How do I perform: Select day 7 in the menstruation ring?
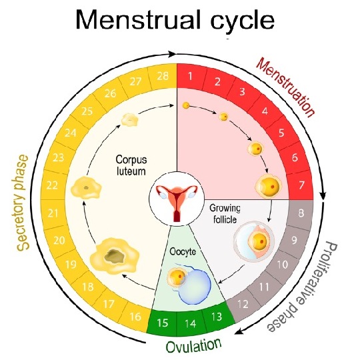pos(301,185)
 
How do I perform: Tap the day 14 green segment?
pos(190,323)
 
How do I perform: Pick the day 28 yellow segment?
pos(163,76)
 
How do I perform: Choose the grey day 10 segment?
pos(283,265)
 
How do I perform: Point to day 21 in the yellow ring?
pos(53,213)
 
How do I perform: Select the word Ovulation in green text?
pos(193,346)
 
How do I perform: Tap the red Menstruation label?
pos(286,88)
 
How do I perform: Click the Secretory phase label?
pos(23,203)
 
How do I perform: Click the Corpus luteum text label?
pos(131,165)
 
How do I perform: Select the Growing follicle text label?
pos(225,214)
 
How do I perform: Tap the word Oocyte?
pos(183,251)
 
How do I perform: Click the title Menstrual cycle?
pos(175,19)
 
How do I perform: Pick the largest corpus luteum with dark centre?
pos(115,255)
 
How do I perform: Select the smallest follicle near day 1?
pos(186,105)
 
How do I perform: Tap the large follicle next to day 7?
pos(269,185)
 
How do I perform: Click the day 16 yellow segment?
pos(135,317)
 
